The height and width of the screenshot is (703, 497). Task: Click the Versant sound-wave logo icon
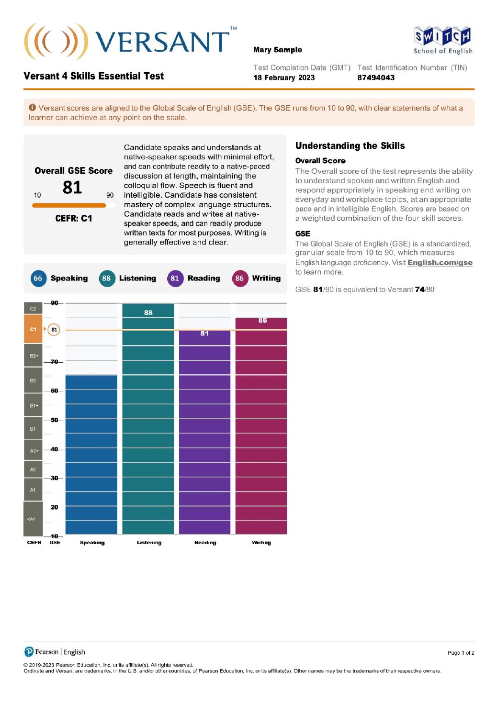tap(56, 41)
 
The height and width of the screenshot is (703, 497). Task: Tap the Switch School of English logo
tap(442, 41)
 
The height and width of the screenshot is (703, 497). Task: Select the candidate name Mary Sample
tap(278, 50)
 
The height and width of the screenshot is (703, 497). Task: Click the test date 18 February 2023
tap(284, 78)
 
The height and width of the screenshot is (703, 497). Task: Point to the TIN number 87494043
tap(376, 78)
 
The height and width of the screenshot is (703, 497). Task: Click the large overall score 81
tap(72, 187)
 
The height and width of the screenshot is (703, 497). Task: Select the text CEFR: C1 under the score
tap(74, 218)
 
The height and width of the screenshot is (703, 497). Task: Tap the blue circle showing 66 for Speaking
tap(38, 279)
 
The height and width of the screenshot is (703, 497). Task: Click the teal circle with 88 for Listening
tap(106, 279)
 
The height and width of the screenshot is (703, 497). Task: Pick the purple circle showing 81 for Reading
tap(175, 279)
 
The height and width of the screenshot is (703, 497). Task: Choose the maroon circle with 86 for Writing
tap(239, 279)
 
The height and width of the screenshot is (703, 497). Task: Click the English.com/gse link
tap(440, 263)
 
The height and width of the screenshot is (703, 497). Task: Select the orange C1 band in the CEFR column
tap(33, 329)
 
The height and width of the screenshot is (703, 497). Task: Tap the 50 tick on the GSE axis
tap(54, 420)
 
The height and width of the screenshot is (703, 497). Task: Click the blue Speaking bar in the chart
tap(91, 455)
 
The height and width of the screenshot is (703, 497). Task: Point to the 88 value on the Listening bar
tap(148, 312)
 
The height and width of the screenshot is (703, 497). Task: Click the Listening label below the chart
tap(149, 543)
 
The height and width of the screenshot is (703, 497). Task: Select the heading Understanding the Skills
tap(350, 146)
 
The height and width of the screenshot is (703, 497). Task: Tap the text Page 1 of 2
tap(461, 653)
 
